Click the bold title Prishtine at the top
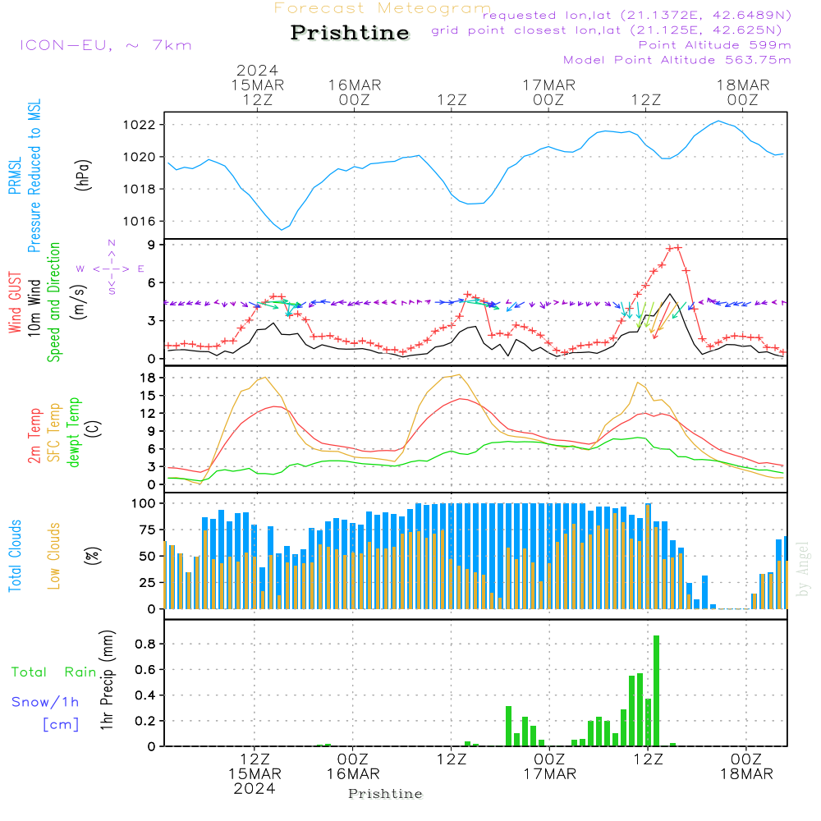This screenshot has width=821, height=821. click(x=350, y=33)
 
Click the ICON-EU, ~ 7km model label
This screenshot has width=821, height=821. click(x=106, y=45)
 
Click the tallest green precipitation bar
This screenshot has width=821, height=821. click(x=656, y=690)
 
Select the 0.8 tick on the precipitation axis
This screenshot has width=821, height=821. click(x=146, y=644)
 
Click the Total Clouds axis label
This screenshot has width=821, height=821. click(x=15, y=556)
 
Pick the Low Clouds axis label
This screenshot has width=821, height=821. click(x=54, y=556)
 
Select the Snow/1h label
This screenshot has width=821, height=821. click(x=45, y=702)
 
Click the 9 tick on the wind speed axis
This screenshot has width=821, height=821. click(x=151, y=245)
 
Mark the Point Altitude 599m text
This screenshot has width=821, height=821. click(x=714, y=45)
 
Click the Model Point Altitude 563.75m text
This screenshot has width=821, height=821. click(x=677, y=60)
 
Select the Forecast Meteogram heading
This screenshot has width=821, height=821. click(x=383, y=9)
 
